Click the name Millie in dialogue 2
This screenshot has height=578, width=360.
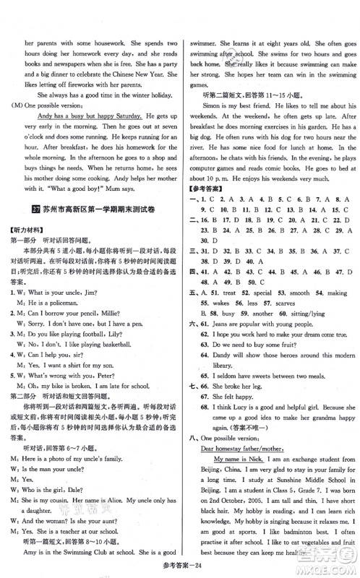tap(135, 306)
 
